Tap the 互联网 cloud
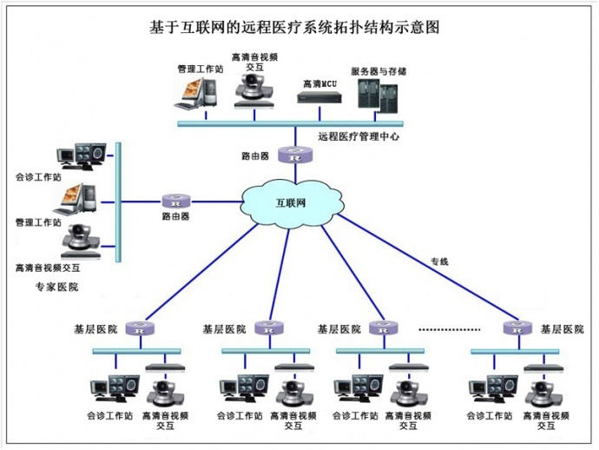(292, 202)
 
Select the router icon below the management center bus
(295, 156)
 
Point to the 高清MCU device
(319, 96)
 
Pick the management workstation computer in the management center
(199, 90)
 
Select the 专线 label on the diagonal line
(439, 261)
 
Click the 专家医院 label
(56, 287)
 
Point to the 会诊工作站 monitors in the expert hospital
(82, 156)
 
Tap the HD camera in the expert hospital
(81, 236)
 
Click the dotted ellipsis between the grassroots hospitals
(449, 330)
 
